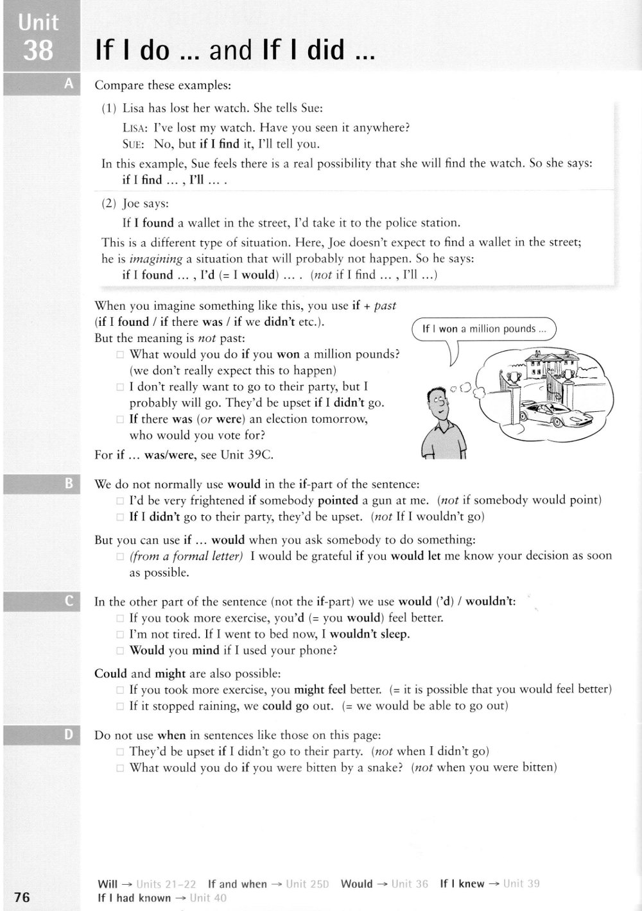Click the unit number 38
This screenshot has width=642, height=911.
(x=38, y=50)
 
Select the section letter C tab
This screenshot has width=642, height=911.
(x=70, y=601)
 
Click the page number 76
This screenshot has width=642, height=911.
(x=22, y=897)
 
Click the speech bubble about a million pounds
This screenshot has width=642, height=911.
(x=484, y=329)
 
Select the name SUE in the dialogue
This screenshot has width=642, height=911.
(x=132, y=144)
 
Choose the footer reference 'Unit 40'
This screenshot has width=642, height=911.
(x=209, y=898)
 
